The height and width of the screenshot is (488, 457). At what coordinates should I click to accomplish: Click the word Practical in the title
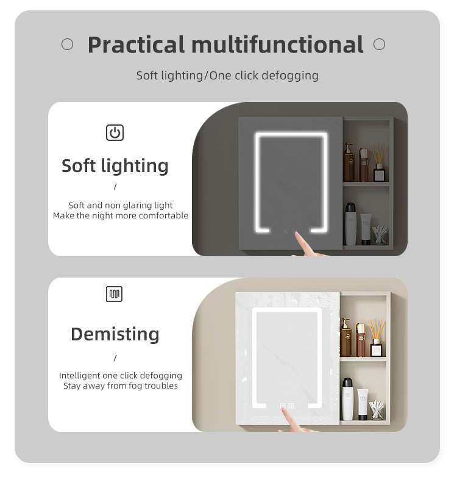click(x=136, y=45)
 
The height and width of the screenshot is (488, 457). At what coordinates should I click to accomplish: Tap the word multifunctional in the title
click(x=277, y=45)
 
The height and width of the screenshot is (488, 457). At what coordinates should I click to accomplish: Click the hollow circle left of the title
click(x=67, y=44)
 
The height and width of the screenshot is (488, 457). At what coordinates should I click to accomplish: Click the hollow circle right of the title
click(x=379, y=44)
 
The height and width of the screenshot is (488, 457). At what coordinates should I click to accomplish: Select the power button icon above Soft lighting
click(x=115, y=132)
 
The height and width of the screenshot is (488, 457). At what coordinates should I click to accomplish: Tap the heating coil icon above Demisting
click(x=114, y=294)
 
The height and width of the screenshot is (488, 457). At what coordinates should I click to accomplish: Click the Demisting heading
click(x=115, y=334)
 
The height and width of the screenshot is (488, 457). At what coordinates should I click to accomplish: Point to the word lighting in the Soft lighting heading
click(x=135, y=166)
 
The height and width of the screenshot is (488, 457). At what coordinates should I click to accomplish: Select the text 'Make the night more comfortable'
click(x=121, y=215)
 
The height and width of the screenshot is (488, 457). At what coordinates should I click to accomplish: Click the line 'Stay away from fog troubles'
click(x=121, y=386)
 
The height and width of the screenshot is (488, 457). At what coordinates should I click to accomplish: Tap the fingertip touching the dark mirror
click(x=296, y=234)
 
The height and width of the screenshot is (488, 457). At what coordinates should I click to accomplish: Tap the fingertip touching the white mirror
click(x=283, y=408)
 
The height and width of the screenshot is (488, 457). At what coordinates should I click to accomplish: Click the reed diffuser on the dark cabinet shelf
click(x=379, y=162)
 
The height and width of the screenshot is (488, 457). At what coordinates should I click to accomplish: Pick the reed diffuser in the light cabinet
click(x=377, y=337)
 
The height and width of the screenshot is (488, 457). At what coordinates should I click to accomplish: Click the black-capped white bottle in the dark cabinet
click(x=350, y=224)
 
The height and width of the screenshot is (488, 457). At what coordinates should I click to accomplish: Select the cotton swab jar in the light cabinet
click(x=376, y=409)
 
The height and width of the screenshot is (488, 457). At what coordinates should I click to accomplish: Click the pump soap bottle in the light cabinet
click(x=345, y=337)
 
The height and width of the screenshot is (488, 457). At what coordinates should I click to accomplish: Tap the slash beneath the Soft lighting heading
click(x=115, y=187)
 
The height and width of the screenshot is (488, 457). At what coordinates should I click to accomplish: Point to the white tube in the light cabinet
click(x=363, y=404)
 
